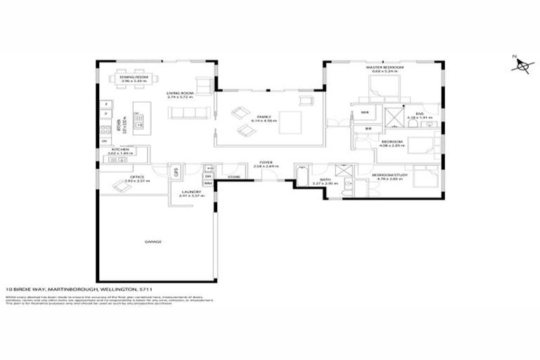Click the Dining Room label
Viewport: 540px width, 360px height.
(x=132, y=79)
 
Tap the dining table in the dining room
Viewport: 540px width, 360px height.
(x=133, y=70)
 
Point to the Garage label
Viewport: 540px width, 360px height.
(x=154, y=241)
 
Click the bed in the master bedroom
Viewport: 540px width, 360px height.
(x=385, y=87)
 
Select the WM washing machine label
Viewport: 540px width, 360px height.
(x=208, y=183)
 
